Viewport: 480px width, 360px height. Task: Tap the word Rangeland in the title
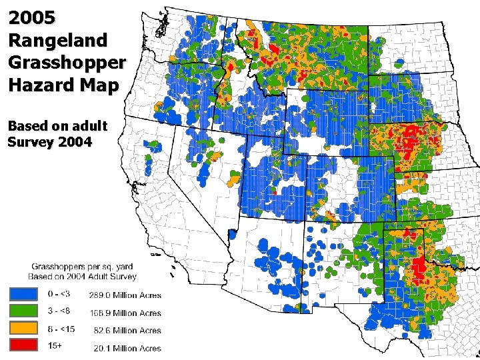pos(57,40)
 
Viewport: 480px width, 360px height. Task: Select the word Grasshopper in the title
pos(67,63)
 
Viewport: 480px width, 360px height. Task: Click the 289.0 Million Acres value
pos(125,295)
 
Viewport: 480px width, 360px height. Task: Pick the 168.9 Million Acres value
pos(125,313)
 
